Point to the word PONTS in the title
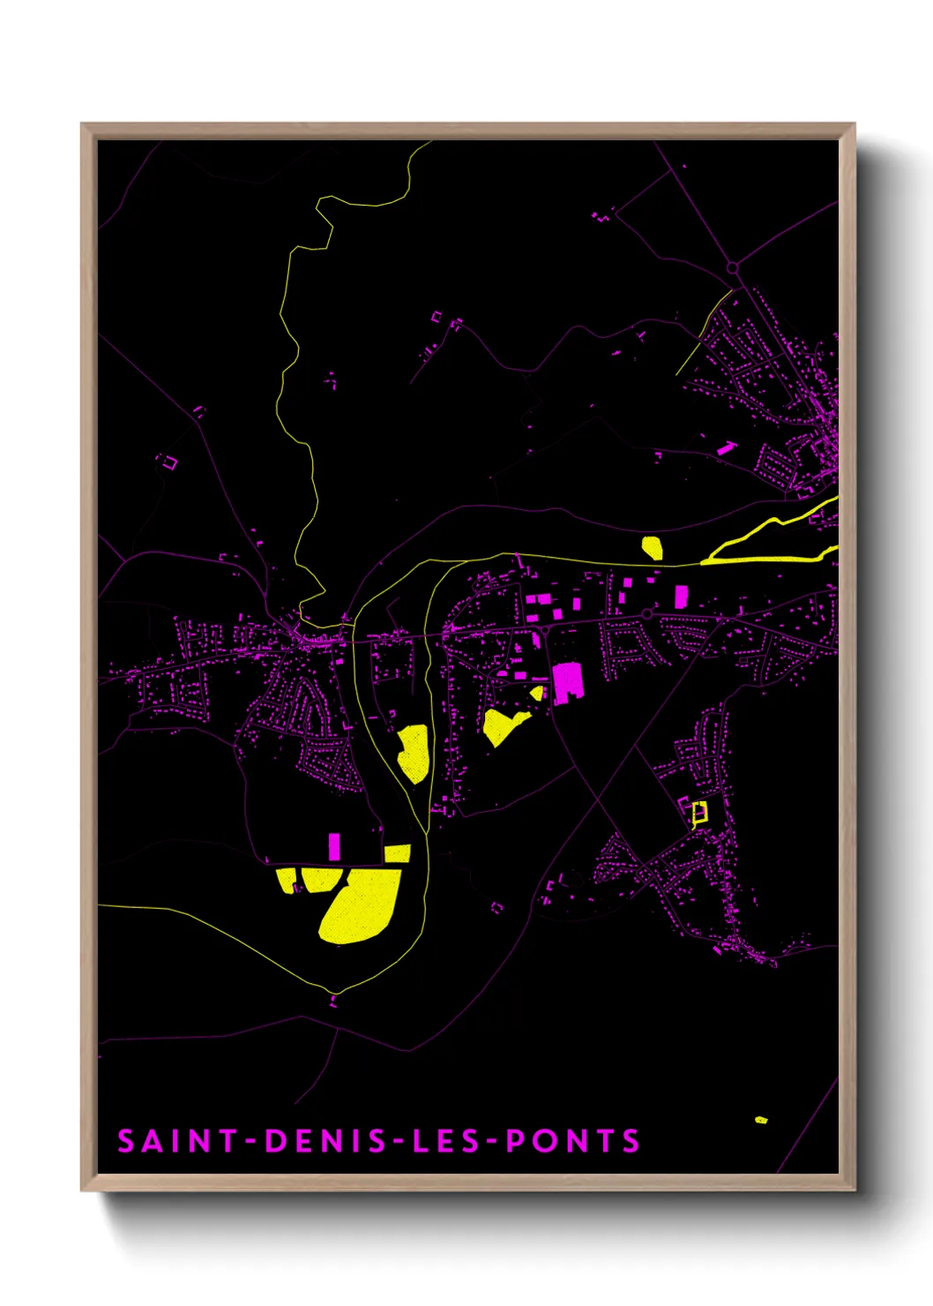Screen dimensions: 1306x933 pyautogui.click(x=573, y=1141)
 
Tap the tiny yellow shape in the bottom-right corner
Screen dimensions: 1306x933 pyautogui.click(x=761, y=1120)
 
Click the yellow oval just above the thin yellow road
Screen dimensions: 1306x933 pyautogui.click(x=653, y=548)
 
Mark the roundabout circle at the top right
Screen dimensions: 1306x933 pyautogui.click(x=732, y=268)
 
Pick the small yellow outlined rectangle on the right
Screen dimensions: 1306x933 pyautogui.click(x=699, y=813)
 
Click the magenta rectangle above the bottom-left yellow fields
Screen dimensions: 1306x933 pyautogui.click(x=334, y=845)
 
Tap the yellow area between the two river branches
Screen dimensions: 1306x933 pyautogui.click(x=414, y=754)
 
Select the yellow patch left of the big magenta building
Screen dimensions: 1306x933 pyautogui.click(x=503, y=726)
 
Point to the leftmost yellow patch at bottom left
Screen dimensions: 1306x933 pyautogui.click(x=287, y=880)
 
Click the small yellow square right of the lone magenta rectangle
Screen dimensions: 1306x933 pyautogui.click(x=398, y=853)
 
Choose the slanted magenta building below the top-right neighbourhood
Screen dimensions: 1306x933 pyautogui.click(x=726, y=448)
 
